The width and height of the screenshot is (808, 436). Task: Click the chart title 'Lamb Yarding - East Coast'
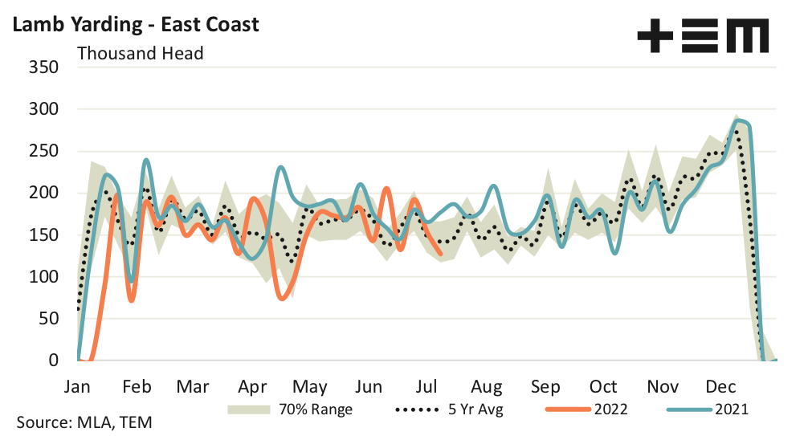(x=134, y=24)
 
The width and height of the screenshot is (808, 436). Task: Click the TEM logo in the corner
(x=702, y=37)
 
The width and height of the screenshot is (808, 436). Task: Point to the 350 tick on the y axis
(x=43, y=67)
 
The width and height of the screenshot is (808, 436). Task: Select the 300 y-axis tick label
(x=43, y=108)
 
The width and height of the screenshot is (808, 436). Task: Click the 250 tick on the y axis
(x=43, y=151)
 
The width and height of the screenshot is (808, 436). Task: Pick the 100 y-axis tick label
(x=43, y=277)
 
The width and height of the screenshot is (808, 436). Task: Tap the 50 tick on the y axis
(x=48, y=319)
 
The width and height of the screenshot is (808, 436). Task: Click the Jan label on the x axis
(x=77, y=385)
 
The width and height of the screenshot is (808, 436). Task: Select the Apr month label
(x=253, y=385)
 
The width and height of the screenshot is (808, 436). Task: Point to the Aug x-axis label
(x=487, y=385)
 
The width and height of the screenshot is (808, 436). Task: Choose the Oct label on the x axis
(x=603, y=385)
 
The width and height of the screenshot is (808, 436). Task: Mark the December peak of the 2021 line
(x=739, y=121)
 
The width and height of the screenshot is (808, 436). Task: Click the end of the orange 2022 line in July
(x=441, y=255)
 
